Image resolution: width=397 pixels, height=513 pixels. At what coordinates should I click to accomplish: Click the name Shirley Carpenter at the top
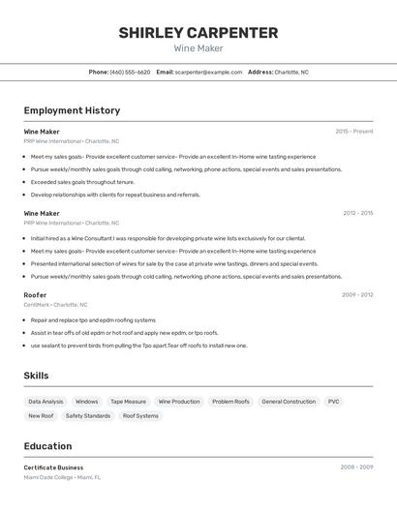198,33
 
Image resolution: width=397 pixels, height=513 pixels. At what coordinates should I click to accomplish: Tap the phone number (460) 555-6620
130,72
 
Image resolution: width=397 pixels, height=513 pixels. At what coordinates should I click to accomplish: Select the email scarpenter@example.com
208,72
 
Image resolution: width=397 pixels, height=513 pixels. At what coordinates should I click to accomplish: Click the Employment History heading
72,110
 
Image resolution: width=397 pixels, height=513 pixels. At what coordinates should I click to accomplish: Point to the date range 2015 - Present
354,131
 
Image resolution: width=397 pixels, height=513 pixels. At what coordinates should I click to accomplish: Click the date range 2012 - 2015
357,213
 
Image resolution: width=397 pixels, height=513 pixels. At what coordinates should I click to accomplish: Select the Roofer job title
35,294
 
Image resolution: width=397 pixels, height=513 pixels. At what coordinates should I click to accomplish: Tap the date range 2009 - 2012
357,294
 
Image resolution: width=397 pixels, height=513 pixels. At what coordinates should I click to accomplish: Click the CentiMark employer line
55,305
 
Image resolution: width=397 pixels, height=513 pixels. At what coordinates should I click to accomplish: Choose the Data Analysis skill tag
46,401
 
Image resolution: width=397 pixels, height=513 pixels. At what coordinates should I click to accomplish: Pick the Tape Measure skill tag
128,401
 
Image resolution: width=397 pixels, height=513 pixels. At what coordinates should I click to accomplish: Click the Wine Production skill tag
179,401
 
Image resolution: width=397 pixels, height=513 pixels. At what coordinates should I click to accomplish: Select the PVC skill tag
334,401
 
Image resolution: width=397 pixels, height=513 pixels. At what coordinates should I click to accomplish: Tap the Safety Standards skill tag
88,416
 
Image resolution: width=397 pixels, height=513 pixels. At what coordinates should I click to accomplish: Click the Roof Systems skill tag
140,416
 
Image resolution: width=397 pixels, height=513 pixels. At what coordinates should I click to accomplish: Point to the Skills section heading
36,376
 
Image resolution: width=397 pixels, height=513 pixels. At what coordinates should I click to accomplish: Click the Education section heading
47,446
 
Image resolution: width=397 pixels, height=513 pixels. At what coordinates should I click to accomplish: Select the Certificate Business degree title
53,468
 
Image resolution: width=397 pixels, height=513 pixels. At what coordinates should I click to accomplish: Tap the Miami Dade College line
62,477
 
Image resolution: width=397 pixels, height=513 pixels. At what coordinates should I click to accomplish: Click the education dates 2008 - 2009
356,468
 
